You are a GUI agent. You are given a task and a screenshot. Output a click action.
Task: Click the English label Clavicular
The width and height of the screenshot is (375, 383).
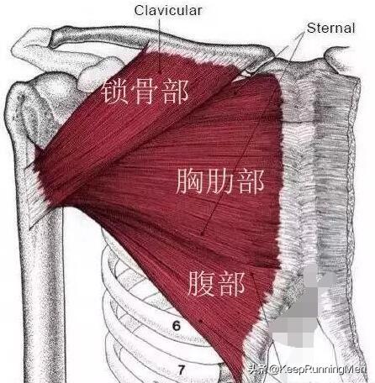click(x=168, y=10)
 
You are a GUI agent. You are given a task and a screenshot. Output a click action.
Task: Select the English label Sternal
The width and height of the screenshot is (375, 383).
click(x=330, y=28)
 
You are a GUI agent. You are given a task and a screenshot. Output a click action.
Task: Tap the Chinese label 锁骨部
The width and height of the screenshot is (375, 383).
click(x=145, y=91)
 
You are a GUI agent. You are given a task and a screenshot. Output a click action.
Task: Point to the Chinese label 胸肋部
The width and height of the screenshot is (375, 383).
click(x=220, y=181)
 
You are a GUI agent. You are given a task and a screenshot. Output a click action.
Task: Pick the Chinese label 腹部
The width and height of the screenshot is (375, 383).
click(x=216, y=284)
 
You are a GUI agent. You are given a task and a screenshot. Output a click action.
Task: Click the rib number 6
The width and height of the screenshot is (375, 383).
click(x=177, y=326)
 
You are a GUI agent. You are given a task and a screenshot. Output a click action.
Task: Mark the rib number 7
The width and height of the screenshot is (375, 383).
click(x=182, y=370)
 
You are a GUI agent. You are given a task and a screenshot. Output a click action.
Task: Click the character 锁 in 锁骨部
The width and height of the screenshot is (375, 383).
click(x=115, y=91)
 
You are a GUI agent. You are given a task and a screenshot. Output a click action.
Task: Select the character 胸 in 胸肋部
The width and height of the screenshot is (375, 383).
click(x=190, y=181)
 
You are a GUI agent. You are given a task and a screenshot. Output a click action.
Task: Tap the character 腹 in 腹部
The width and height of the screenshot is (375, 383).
click(x=201, y=284)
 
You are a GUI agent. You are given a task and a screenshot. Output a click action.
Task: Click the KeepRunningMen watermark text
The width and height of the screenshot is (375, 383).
click(x=318, y=370)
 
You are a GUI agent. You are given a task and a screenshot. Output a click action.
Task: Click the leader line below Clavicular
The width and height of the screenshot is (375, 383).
click(x=160, y=45)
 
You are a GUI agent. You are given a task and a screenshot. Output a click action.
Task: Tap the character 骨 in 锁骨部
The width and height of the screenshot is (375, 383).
click(x=145, y=91)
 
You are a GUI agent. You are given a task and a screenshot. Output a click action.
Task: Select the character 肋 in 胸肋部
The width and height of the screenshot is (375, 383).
click(x=220, y=181)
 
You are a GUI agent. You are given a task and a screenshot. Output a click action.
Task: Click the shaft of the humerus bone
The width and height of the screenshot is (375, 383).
click(x=46, y=294)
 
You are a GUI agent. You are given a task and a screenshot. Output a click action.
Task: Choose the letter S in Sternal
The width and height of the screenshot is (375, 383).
click(x=311, y=28)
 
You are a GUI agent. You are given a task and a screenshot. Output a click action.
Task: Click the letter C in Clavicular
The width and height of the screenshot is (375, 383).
click(x=140, y=10)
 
